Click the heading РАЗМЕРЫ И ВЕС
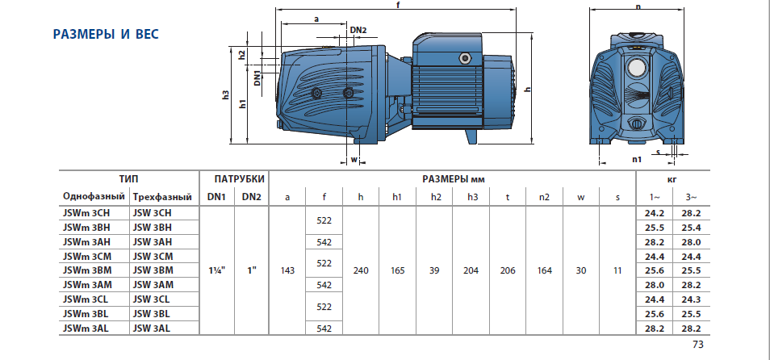[x=106, y=35]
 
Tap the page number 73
[x=698, y=345]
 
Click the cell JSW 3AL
[x=153, y=329]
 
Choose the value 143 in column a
[x=287, y=271]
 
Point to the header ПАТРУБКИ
[x=234, y=178]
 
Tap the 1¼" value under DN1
[x=216, y=271]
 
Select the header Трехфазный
[x=162, y=197]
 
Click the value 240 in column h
[x=361, y=271]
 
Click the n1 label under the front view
[x=637, y=159]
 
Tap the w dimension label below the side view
[x=354, y=159]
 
